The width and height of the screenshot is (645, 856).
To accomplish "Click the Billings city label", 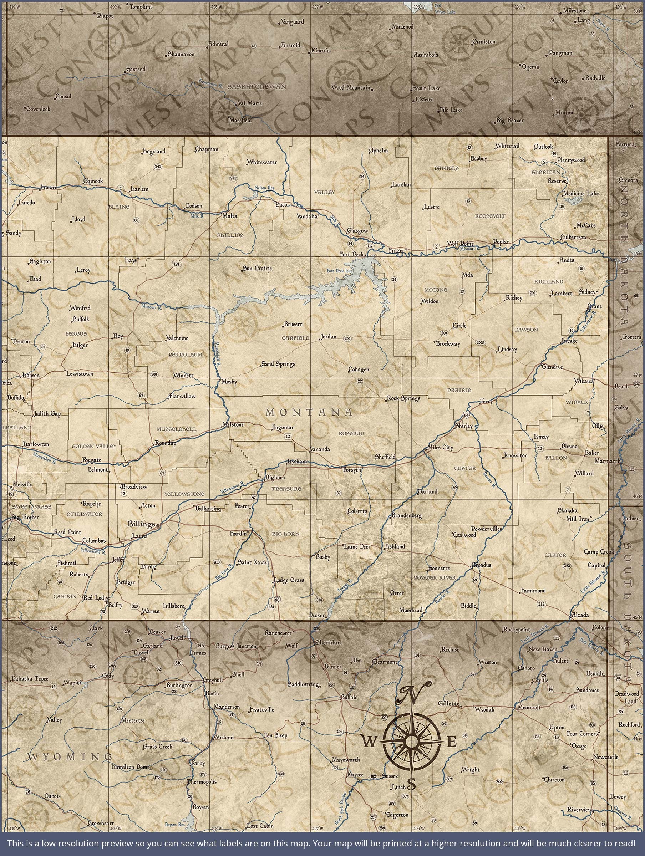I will point(141,524).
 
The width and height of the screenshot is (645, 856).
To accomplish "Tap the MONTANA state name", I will point(309,413).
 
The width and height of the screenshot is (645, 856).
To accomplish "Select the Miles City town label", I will point(440,447).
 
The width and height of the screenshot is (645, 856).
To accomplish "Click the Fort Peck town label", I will point(351,254).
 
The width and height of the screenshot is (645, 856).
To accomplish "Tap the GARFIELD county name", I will point(295,338).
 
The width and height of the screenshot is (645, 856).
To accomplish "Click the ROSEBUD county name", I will point(351,433).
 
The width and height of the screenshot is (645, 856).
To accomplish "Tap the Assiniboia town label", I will point(426,55).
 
